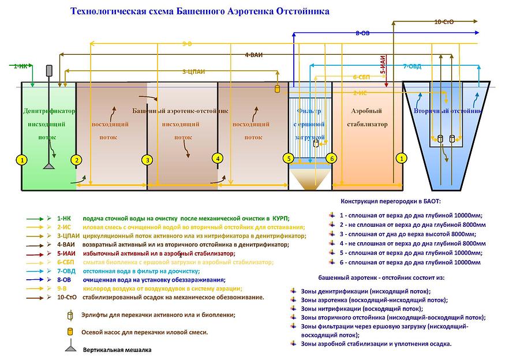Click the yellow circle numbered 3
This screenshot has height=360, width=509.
pos(148,160)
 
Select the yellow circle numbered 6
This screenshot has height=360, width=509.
pos(331,157)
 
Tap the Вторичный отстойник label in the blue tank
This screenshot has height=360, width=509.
pos(448,110)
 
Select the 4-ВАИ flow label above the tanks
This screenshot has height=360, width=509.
pos(253,55)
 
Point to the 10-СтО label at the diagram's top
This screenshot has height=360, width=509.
pos(444,21)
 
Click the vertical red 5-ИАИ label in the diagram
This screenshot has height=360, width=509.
pos(383,63)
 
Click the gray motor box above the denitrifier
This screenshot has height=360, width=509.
pos(49,70)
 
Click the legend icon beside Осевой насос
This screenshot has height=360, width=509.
pos(71,332)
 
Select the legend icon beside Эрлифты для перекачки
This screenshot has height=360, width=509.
pos(70,315)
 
